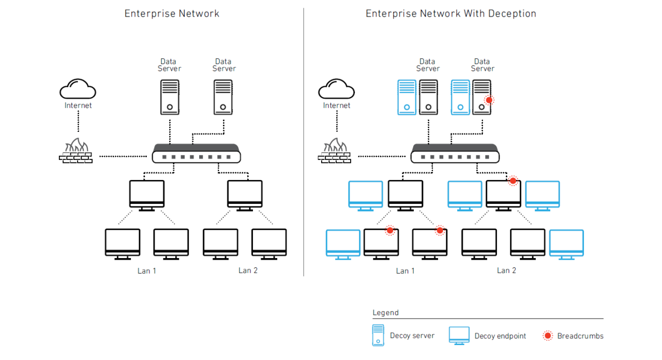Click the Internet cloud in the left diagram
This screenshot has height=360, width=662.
78,89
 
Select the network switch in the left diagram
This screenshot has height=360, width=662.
197,154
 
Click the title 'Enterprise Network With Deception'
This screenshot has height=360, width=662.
450,14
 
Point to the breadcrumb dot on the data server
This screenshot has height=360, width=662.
489,100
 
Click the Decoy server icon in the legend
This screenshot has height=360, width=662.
378,335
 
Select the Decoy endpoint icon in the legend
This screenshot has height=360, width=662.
459,336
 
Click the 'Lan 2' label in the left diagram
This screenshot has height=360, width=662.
248,271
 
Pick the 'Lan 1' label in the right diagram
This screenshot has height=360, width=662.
405,271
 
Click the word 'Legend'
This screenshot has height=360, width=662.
385,312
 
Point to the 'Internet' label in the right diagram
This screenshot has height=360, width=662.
336,106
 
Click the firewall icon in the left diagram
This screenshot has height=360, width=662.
76,151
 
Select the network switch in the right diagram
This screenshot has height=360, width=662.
455,154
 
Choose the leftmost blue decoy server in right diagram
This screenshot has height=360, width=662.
407,97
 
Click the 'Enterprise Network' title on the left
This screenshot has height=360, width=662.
172,14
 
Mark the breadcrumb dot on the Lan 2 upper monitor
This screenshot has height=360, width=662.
513,181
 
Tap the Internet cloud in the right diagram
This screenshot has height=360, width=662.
336,89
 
